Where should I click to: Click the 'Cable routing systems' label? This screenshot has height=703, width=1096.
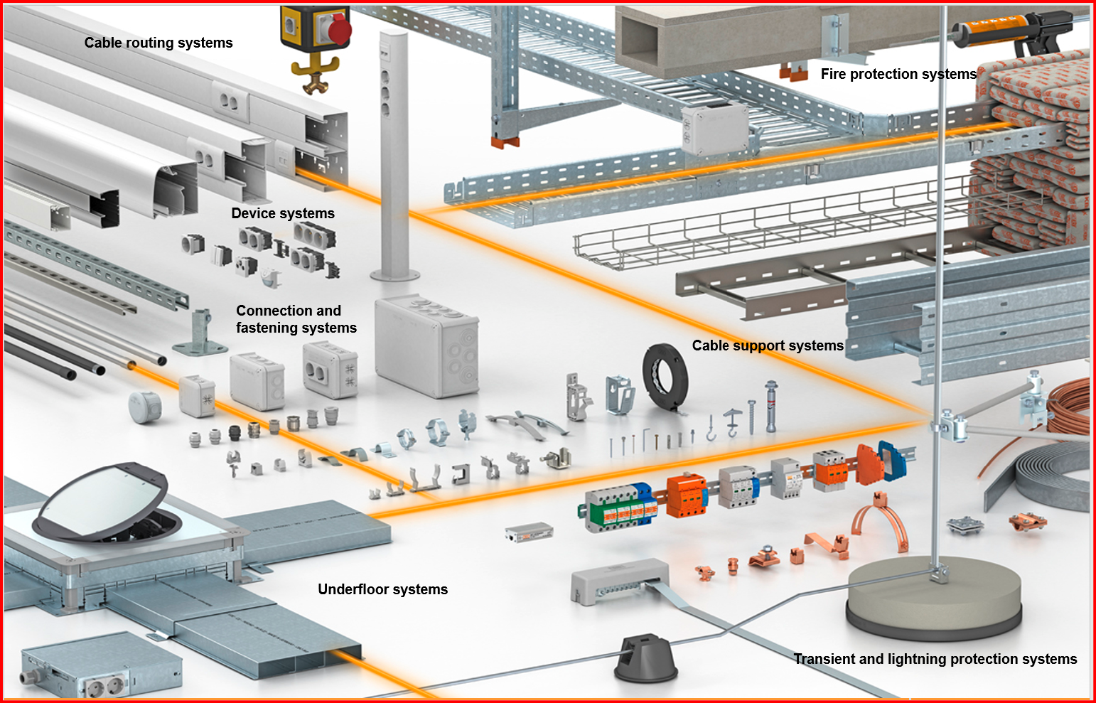[x=159, y=43]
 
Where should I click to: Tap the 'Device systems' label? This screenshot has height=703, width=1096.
[x=283, y=213]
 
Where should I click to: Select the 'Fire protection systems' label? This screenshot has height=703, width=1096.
[x=898, y=74]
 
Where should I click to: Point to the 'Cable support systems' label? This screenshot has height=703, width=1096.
[x=768, y=345]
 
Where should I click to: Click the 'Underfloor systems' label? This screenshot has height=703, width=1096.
[x=382, y=589]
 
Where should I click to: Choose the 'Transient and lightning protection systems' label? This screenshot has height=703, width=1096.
[x=935, y=659]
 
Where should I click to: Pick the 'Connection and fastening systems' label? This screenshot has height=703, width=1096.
[x=296, y=319]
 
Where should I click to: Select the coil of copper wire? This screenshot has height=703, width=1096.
[x=1070, y=405]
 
